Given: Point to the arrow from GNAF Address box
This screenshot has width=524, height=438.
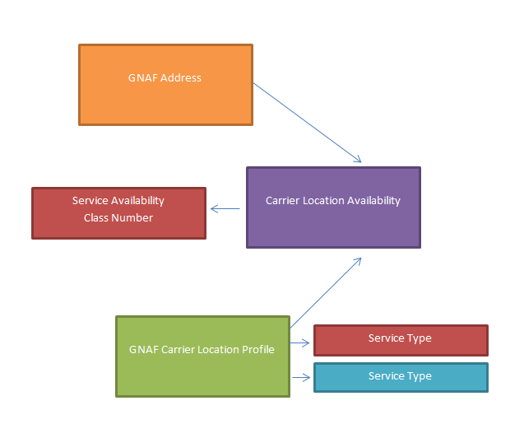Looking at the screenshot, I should pos(307,122).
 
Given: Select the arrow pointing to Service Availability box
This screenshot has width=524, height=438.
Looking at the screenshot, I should pos(225,209).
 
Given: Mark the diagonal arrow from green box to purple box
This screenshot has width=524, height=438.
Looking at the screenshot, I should pos(326,292).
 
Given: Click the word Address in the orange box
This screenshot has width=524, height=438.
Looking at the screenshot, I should pos(181,78).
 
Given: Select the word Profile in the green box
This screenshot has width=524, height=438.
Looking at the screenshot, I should pos(258,349).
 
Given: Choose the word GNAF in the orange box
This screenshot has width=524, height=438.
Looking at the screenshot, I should pos(143,78).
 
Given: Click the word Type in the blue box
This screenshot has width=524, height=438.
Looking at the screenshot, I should pos(419,376).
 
